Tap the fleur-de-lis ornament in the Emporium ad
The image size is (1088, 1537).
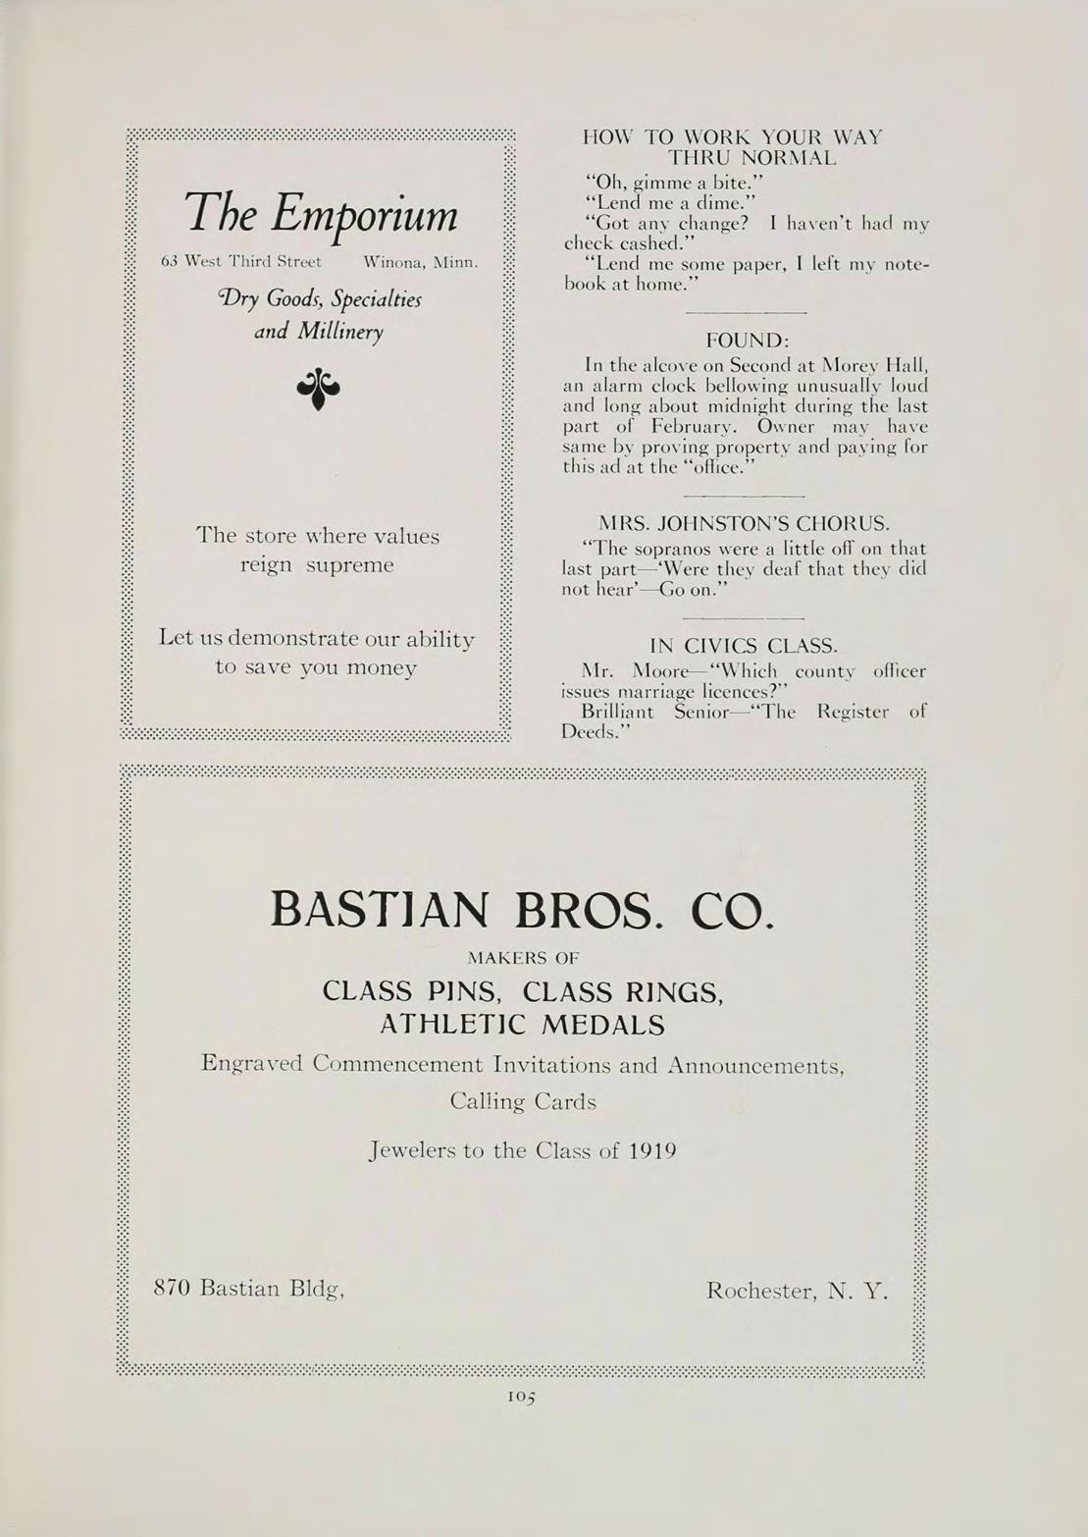(318, 388)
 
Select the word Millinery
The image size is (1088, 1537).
(339, 332)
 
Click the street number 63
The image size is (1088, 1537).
(169, 262)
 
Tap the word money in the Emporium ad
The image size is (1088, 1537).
(378, 667)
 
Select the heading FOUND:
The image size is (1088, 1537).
(748, 340)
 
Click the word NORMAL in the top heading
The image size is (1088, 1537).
(752, 157)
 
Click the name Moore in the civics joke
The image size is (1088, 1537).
(661, 672)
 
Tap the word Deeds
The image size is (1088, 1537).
(589, 732)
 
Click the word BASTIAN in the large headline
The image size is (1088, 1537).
(379, 909)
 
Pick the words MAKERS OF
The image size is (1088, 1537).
(523, 957)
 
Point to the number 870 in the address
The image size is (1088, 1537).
(172, 1288)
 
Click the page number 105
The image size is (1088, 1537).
(522, 1397)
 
